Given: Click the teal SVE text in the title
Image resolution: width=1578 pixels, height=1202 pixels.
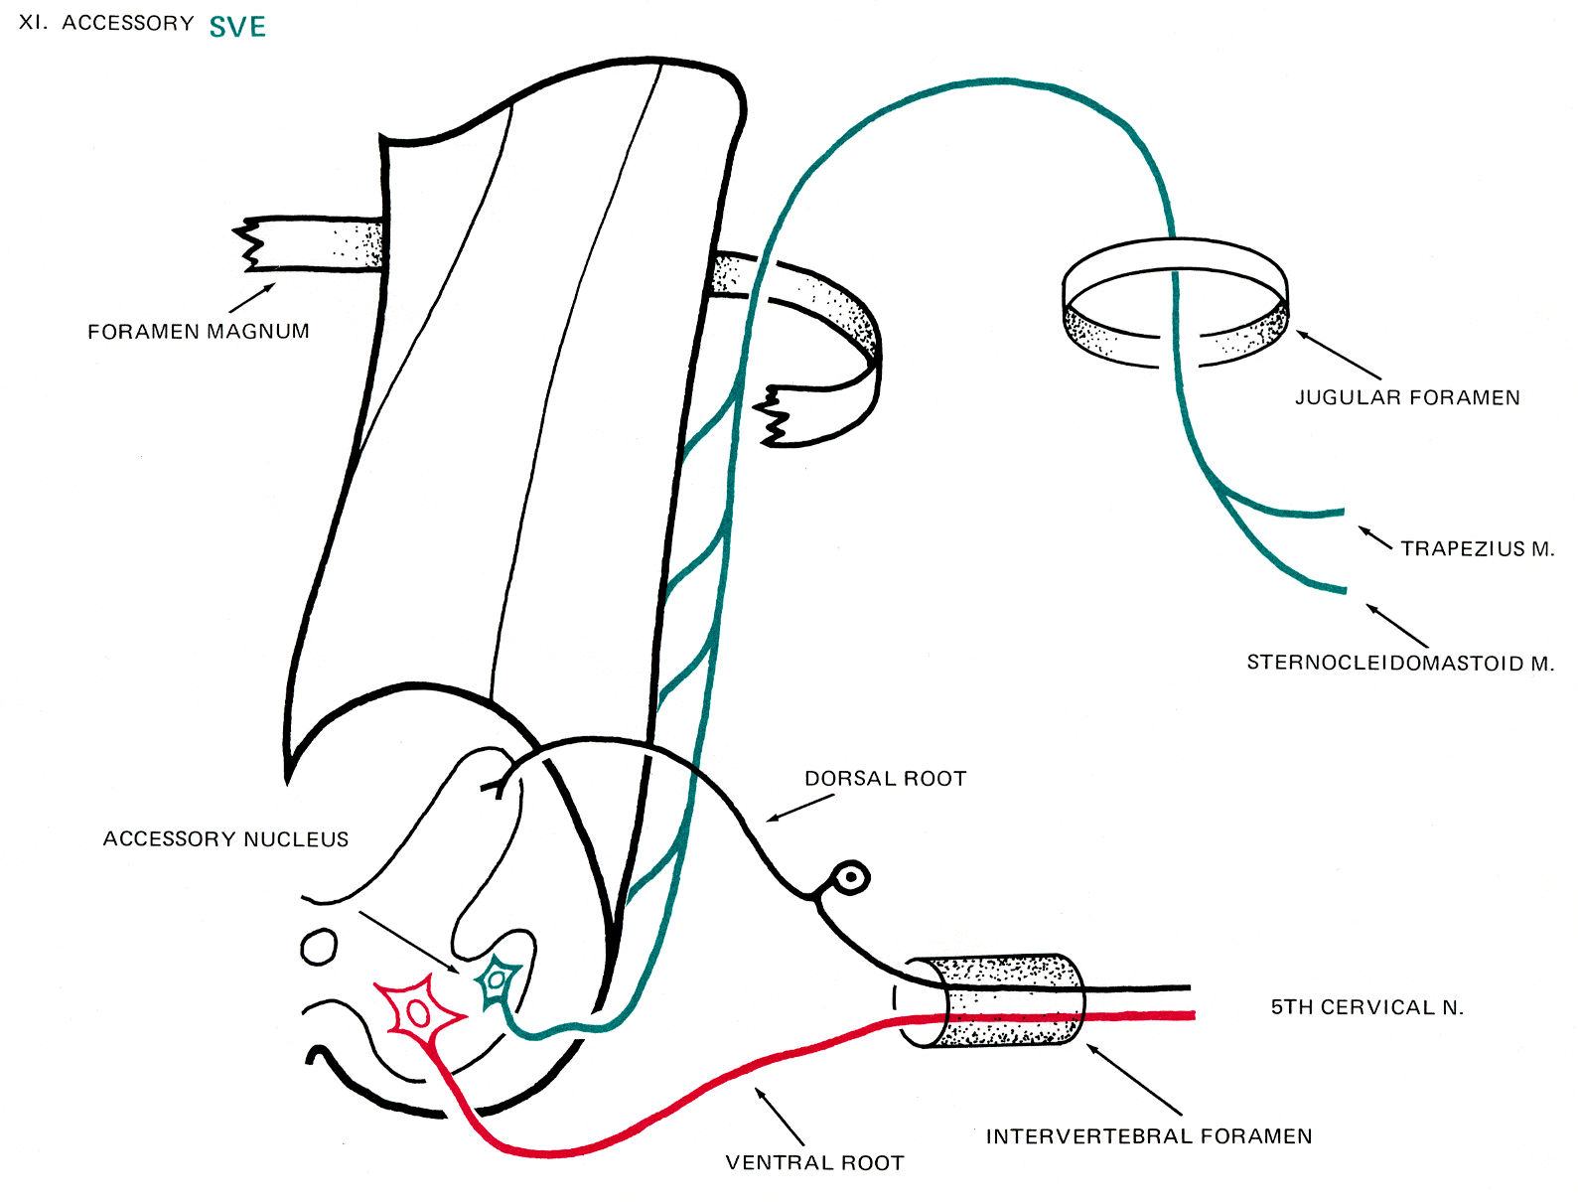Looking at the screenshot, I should [237, 27].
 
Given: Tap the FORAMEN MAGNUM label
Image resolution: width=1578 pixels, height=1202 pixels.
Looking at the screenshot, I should [199, 332].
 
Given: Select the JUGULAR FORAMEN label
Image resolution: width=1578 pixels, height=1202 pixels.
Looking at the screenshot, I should [1407, 398].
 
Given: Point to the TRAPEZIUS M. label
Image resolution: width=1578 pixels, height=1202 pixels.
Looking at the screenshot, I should [1477, 549].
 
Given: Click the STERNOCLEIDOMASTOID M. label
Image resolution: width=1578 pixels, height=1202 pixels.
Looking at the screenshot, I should [1400, 663].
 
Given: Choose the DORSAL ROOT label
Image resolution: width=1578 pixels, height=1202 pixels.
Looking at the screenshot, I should [885, 779].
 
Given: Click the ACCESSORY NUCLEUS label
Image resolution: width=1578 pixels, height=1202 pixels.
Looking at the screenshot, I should [225, 839].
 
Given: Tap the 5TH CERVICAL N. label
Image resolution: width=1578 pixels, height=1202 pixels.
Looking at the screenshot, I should [1367, 1007].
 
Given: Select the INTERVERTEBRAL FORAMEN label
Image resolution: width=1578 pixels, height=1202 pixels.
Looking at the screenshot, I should [1149, 1136].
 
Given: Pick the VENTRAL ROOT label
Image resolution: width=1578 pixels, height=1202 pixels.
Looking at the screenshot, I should [814, 1163].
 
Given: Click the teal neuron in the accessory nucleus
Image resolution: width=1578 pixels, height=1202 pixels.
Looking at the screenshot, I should [497, 980].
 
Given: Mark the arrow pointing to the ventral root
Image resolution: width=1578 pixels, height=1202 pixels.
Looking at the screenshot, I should [781, 1117].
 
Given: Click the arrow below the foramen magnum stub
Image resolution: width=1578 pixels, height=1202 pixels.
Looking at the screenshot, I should [252, 298].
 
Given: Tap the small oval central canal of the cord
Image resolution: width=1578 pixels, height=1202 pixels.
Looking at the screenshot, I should [319, 947].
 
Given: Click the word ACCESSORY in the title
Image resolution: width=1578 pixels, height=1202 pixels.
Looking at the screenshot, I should [128, 24].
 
